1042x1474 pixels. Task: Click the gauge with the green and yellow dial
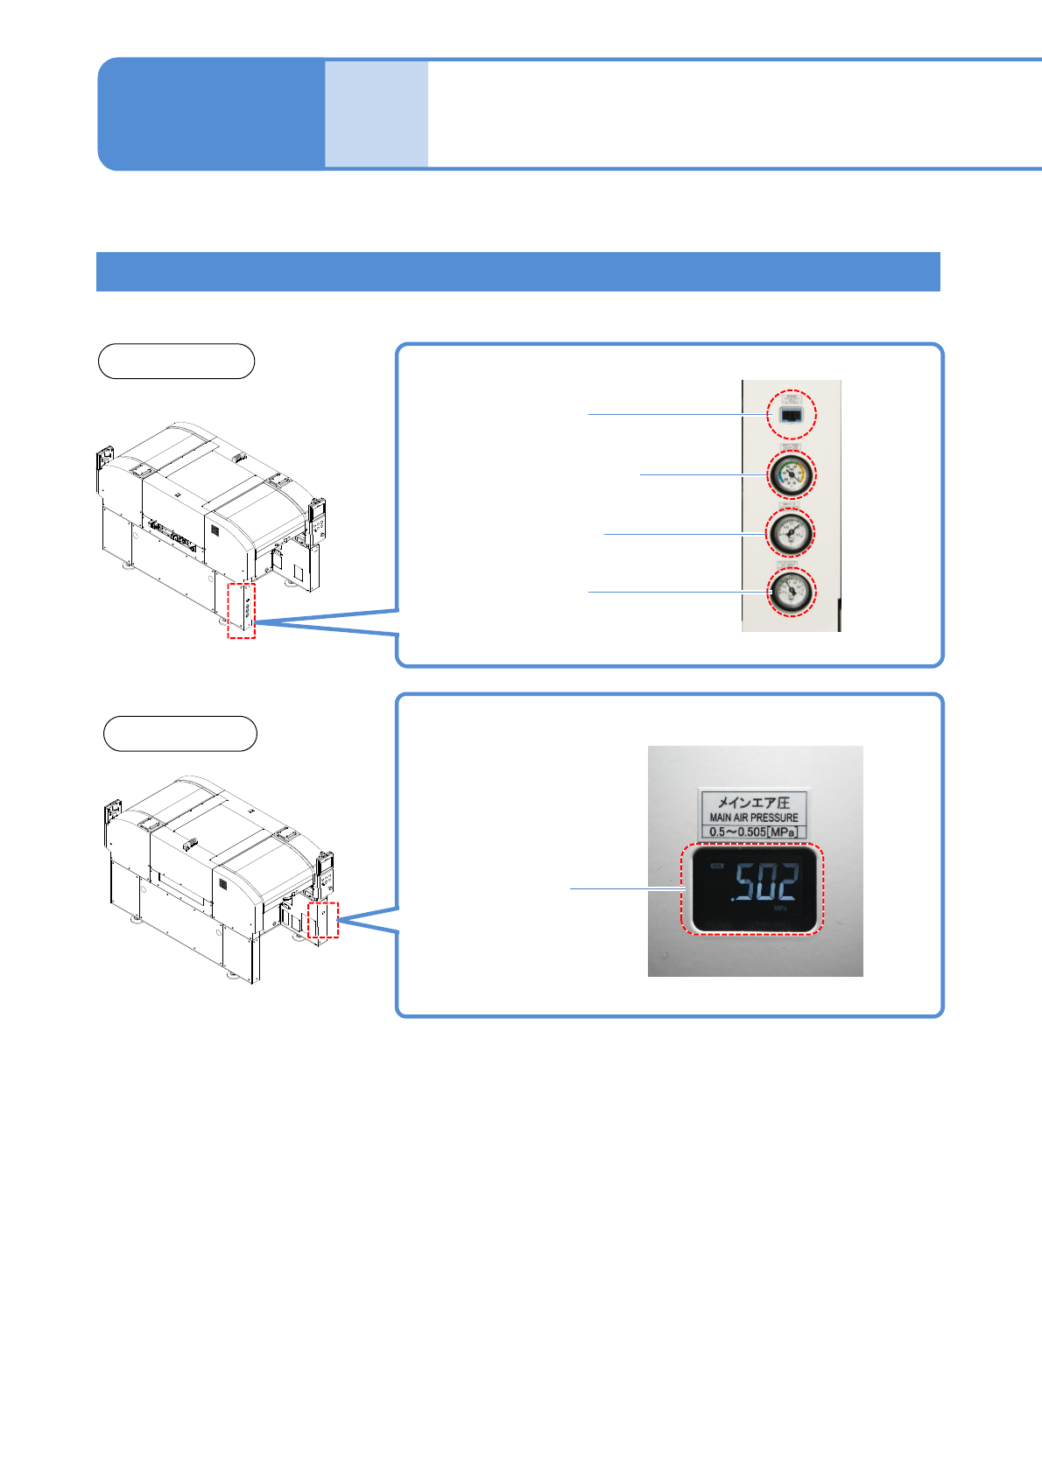[x=791, y=474]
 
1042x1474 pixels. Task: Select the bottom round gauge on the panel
[x=791, y=592]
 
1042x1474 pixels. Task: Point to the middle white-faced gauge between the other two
[x=791, y=533]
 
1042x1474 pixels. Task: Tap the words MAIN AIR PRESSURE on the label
[x=754, y=818]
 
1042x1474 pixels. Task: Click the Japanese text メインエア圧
[x=754, y=802]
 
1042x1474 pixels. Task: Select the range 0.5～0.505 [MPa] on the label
[x=754, y=832]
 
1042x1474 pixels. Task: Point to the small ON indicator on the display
[x=717, y=867]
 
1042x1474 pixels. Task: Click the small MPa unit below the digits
[x=780, y=909]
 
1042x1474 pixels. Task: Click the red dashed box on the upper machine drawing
[x=242, y=610]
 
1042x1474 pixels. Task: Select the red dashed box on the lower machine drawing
[x=323, y=919]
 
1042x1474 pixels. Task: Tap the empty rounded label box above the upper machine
[x=176, y=361]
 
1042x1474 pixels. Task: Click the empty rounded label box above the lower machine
[x=180, y=733]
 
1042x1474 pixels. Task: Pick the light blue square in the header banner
[x=377, y=114]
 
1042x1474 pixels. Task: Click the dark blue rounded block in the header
[x=210, y=114]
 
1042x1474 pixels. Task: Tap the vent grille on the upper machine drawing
[x=214, y=530]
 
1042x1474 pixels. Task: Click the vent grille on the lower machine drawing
[x=223, y=884]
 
